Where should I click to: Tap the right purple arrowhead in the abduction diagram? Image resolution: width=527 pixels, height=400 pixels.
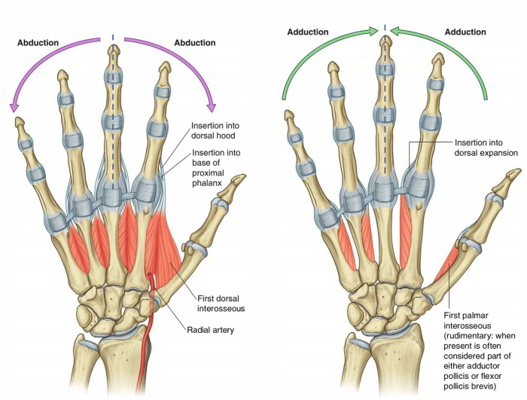(212, 106)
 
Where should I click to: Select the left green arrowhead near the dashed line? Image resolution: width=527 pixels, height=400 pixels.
(374, 31)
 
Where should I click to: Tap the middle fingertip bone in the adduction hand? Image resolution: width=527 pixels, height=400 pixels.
(385, 60)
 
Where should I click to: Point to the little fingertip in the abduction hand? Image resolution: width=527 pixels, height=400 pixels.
(16, 124)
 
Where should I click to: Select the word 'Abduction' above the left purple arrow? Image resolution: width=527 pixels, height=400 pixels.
(40, 43)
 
